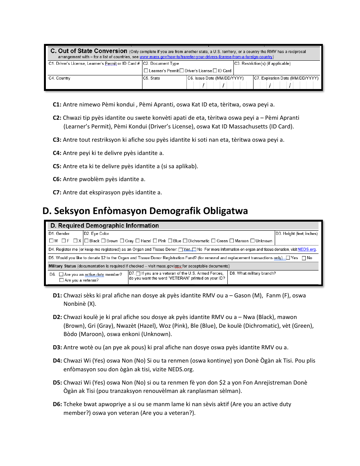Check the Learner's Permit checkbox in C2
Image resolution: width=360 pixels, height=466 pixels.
pos(146,71)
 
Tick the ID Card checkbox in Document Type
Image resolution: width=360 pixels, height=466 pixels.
pos(215,71)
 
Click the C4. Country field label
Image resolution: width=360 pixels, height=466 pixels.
pos(59,78)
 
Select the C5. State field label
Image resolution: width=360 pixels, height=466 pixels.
pos(152,78)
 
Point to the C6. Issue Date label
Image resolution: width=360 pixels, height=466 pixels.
pos(215,78)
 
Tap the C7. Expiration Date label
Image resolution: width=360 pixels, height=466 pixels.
pos(286,78)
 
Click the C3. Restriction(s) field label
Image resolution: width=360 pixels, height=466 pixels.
pos(262,64)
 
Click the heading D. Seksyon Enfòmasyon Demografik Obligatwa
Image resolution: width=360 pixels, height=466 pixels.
pos(145,211)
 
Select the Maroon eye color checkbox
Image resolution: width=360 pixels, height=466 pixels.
pos(232,241)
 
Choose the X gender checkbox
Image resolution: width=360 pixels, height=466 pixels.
pos(75,241)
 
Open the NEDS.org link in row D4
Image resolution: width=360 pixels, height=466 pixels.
pos(307,250)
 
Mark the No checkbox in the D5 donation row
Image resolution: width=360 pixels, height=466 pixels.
pos(304,258)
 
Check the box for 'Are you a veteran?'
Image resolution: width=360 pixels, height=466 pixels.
pos(61,280)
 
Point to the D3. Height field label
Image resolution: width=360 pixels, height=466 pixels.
pos(296,234)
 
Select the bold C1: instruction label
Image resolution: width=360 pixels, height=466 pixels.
pos(57,105)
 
